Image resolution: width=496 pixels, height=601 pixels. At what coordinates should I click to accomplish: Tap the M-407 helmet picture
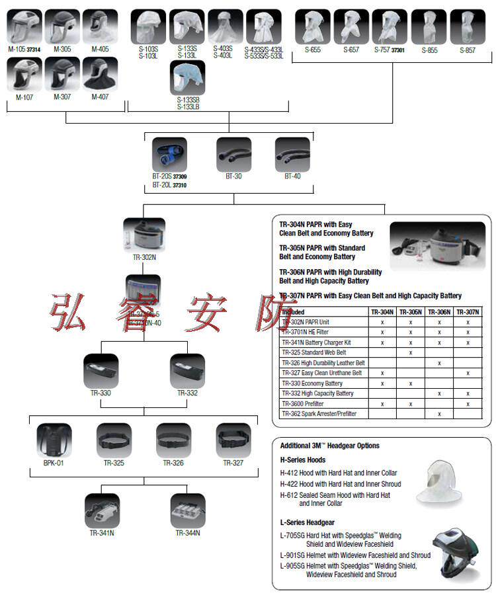click(100, 74)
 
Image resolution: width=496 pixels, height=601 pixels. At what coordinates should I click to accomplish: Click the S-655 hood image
click(312, 27)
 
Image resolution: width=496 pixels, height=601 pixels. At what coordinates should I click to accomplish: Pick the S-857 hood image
click(468, 27)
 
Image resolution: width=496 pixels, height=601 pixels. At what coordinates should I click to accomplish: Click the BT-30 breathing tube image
click(234, 155)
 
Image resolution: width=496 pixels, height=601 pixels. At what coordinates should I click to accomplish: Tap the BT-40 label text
click(292, 177)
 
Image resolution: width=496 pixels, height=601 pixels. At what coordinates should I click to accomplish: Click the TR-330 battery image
click(101, 372)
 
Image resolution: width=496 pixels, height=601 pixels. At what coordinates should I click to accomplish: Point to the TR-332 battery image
click(187, 372)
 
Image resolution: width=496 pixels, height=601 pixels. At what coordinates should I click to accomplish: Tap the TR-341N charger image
click(102, 511)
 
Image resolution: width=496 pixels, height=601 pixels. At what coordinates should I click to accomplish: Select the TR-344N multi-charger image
click(188, 511)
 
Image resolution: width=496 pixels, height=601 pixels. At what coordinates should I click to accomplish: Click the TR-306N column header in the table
click(439, 311)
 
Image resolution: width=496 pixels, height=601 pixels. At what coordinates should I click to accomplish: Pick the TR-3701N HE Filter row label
click(305, 332)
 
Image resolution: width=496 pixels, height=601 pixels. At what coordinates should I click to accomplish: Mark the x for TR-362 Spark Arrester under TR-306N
click(439, 414)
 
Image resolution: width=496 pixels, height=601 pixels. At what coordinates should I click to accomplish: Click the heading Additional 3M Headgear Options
click(329, 446)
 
